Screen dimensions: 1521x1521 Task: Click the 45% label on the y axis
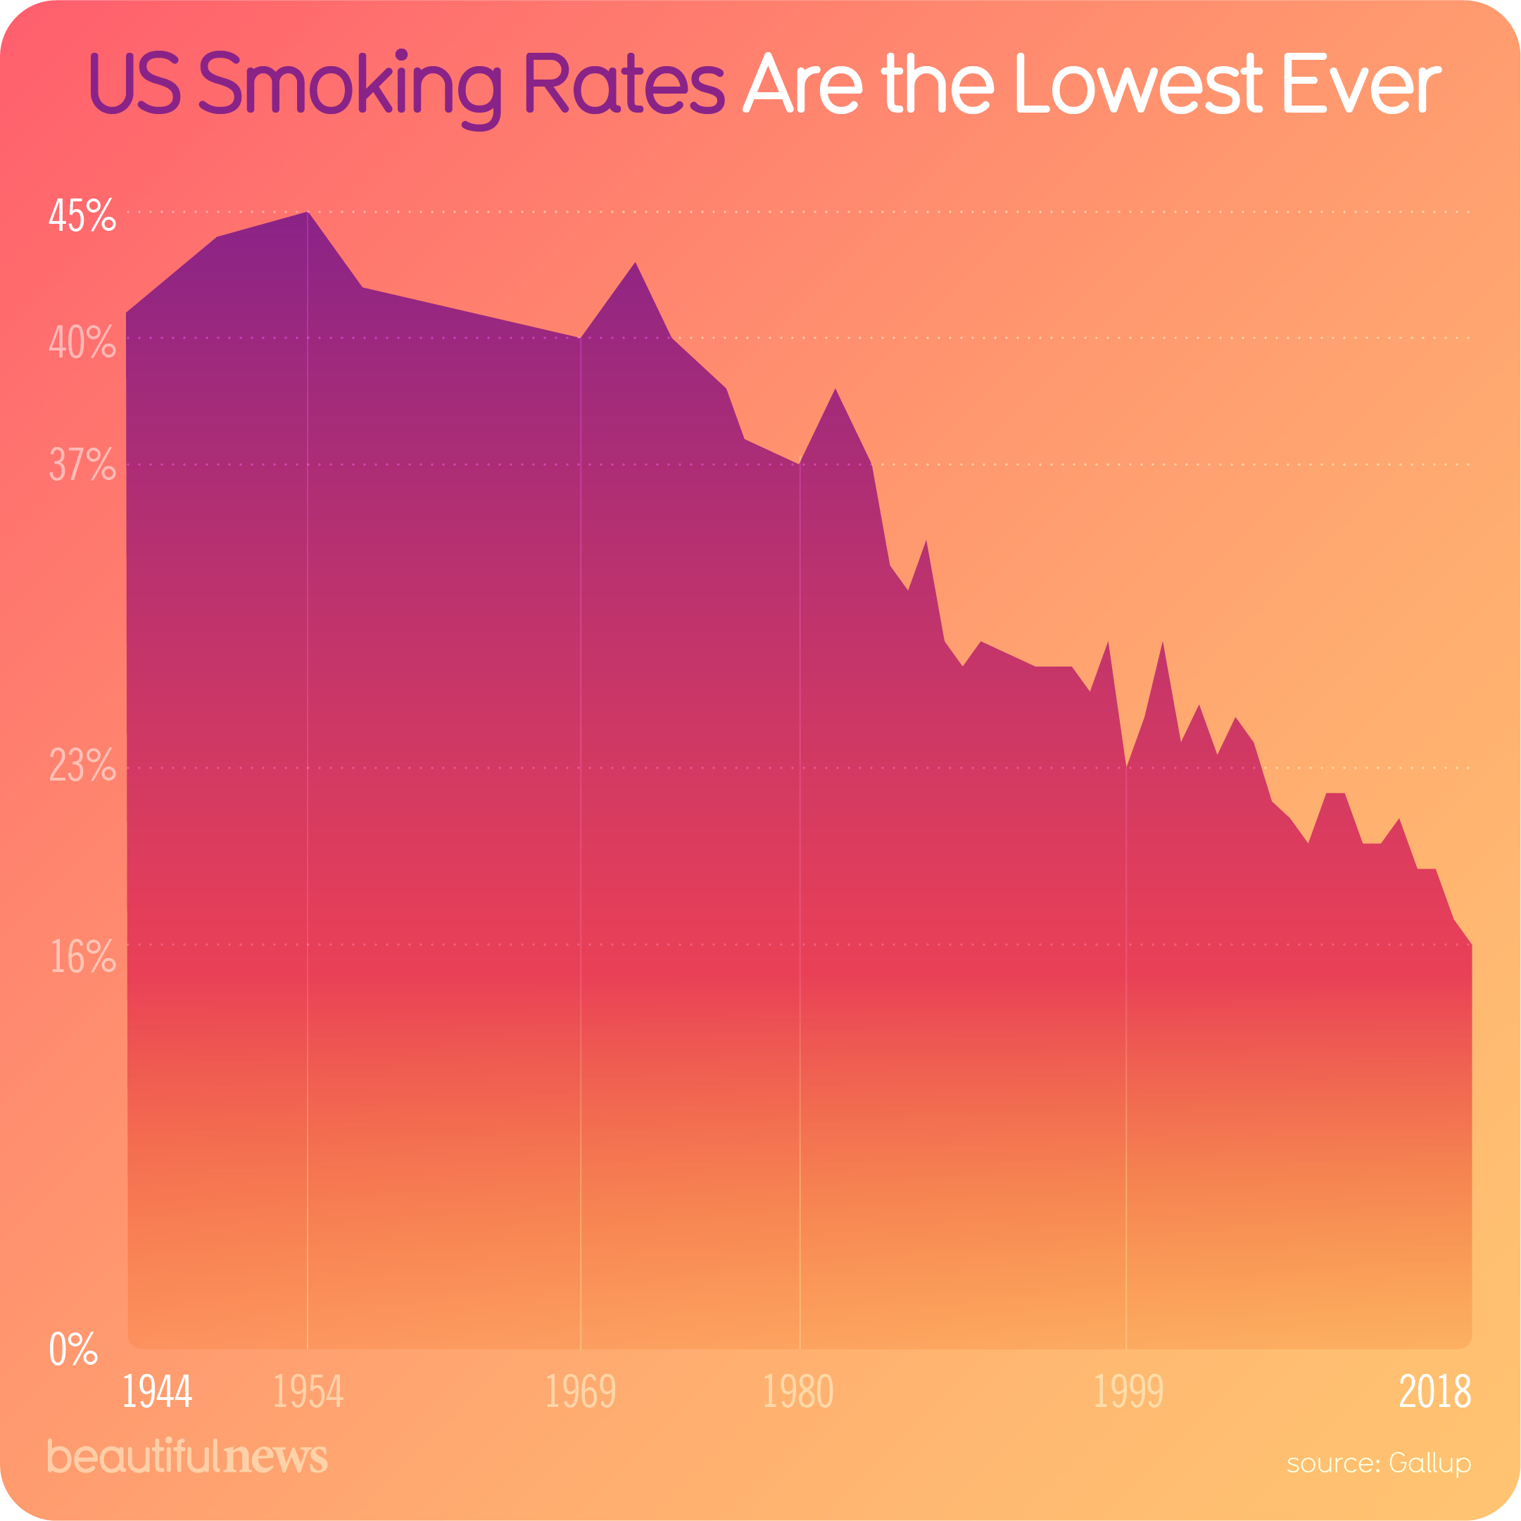(82, 215)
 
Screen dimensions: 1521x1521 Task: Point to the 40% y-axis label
(82, 341)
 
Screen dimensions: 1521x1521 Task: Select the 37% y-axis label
(82, 465)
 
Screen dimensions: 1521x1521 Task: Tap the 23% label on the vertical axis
(82, 765)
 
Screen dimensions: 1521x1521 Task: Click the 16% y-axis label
(82, 957)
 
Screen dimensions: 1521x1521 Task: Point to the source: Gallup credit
(1379, 1463)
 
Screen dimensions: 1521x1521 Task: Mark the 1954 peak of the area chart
(307, 213)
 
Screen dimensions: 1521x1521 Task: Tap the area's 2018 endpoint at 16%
(1470, 945)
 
